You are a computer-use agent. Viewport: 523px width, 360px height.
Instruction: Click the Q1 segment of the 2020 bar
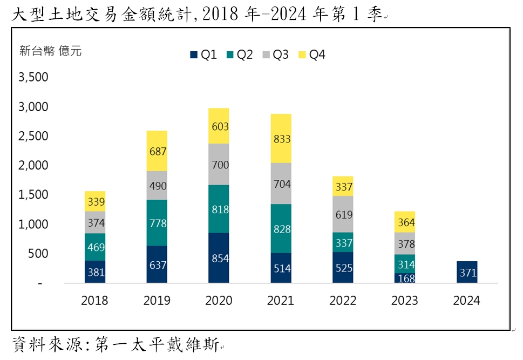pos(219,258)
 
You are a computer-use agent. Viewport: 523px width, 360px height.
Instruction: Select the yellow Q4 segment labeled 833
pos(281,139)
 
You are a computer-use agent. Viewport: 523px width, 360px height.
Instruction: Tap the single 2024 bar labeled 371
pos(466,272)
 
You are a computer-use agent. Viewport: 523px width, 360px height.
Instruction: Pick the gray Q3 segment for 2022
pos(343,214)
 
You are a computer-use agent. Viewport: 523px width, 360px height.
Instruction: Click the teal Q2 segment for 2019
pos(157,223)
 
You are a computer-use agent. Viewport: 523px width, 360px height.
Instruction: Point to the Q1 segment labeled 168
pos(405,278)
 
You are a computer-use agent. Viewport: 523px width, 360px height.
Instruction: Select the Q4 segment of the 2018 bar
pos(95,201)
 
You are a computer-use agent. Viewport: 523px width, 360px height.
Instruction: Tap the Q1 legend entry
pos(203,54)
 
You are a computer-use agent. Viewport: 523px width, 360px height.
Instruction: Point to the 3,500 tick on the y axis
pos(33,77)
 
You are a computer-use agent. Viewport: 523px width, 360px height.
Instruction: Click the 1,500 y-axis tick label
pos(33,195)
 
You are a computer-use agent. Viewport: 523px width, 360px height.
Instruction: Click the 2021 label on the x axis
pos(281,301)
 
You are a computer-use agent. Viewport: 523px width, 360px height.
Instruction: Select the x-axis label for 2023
pos(405,301)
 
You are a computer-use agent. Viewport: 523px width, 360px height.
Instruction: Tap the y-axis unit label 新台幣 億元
pos(50,52)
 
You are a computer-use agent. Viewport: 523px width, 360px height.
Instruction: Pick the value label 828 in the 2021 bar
pos(281,229)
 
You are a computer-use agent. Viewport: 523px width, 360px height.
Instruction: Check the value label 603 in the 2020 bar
pos(219,126)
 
